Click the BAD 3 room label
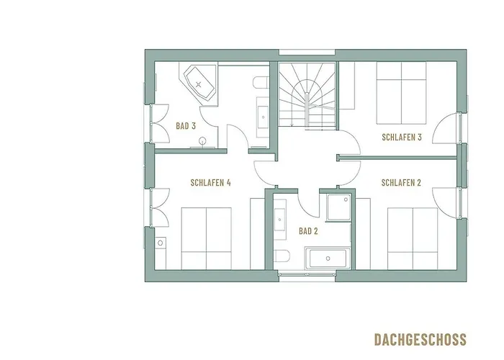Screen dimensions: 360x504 (186, 126)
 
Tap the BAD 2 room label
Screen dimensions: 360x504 (307, 231)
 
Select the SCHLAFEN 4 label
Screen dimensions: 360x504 (210, 183)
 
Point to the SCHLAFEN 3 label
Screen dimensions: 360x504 (401, 137)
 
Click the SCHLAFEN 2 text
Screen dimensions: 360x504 (400, 183)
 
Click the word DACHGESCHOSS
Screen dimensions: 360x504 (420, 339)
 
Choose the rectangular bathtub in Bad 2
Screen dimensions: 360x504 (328, 258)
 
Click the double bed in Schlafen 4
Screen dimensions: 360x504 (206, 238)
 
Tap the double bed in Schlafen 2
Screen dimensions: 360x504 (413, 238)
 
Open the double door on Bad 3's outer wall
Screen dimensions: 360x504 (155, 124)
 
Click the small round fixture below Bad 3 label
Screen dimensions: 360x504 (203, 141)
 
